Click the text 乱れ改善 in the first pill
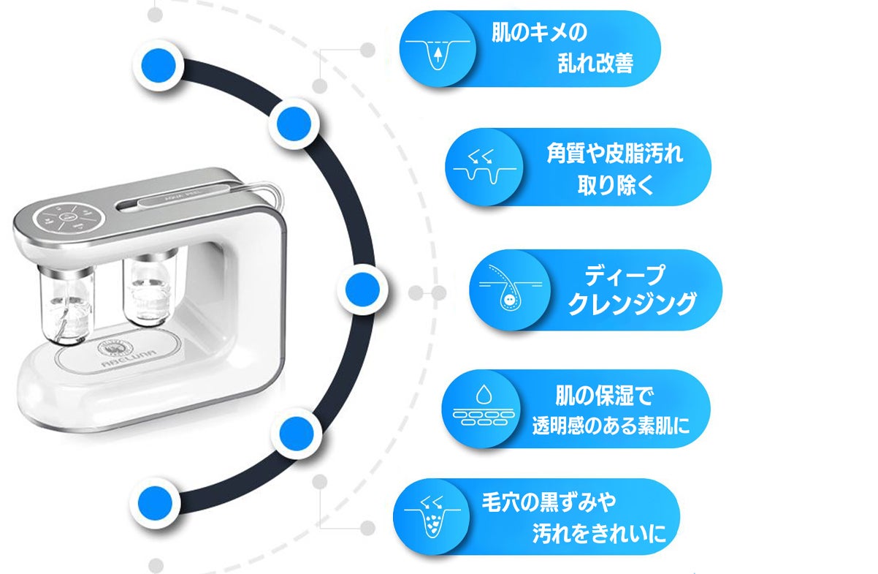595,63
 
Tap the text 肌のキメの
539,32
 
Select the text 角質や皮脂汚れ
614,153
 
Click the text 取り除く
615,185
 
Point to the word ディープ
625,275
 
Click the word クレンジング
632,303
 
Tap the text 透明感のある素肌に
611,426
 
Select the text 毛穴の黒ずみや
549,502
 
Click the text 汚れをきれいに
599,533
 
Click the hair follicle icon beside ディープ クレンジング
511,290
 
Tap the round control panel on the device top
69,217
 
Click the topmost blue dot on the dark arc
159,66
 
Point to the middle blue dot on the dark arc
362,290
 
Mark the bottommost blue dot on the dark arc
155,503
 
